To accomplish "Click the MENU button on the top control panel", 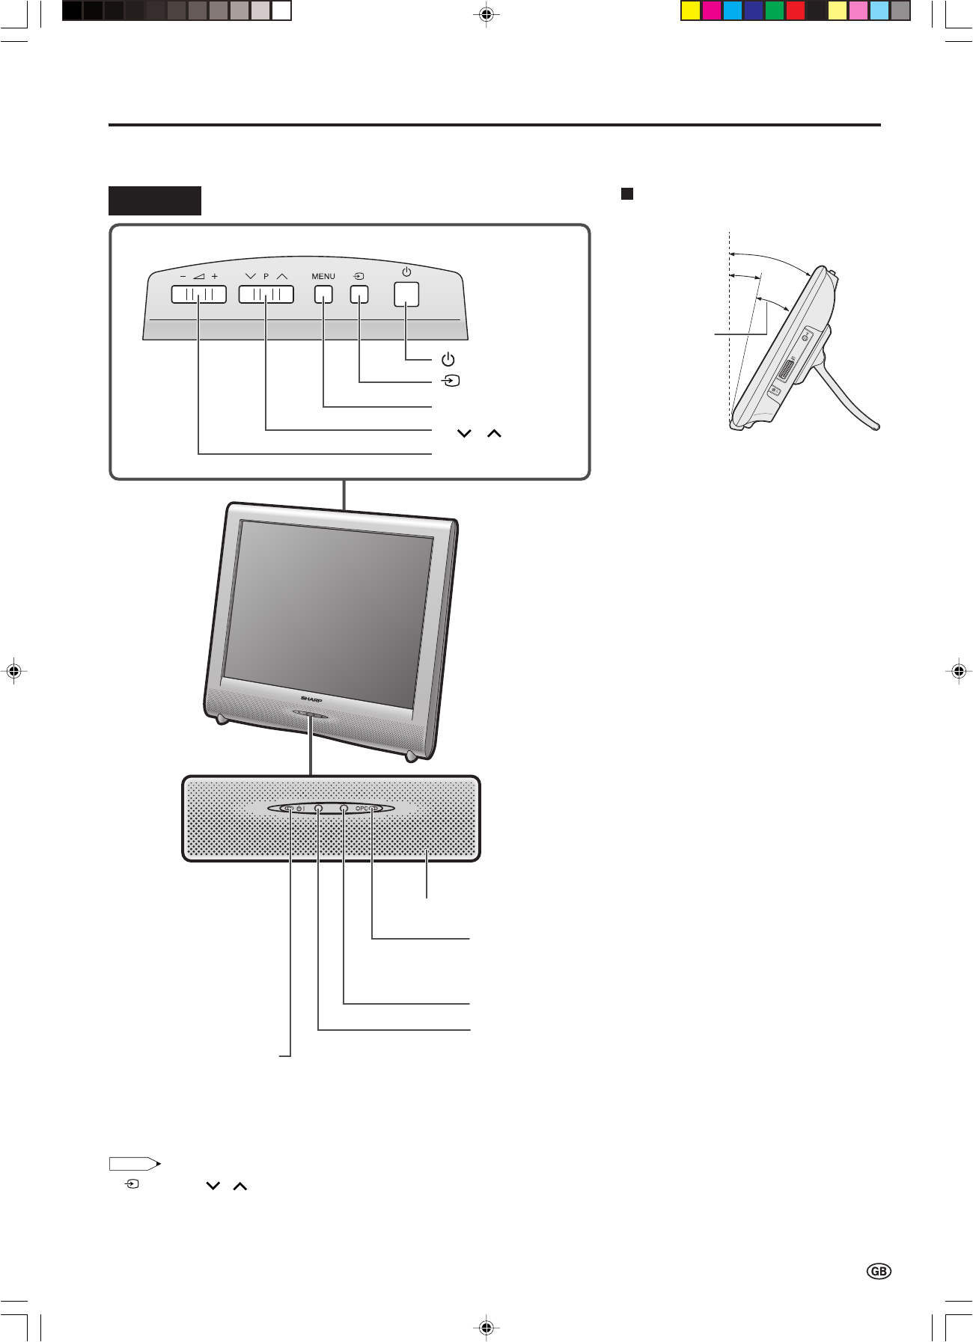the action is point(323,294).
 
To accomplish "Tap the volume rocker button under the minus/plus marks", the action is point(198,294).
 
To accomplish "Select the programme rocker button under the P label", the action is point(266,294).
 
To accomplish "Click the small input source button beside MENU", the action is point(359,294).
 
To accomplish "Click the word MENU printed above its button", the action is point(323,277).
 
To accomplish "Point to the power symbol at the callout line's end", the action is point(448,360).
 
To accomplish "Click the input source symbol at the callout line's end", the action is point(450,381).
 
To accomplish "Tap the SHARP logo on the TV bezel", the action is point(311,700).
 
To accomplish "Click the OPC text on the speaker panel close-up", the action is point(362,809).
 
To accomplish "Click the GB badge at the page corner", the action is point(879,1271).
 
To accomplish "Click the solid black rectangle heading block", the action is point(155,200).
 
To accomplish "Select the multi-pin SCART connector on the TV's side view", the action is point(787,370).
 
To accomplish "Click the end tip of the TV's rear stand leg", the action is point(876,426).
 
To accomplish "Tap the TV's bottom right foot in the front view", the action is point(410,756).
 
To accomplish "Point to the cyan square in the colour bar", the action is point(733,10).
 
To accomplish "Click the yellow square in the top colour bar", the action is point(691,10).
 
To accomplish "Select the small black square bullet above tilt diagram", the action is point(627,194).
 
